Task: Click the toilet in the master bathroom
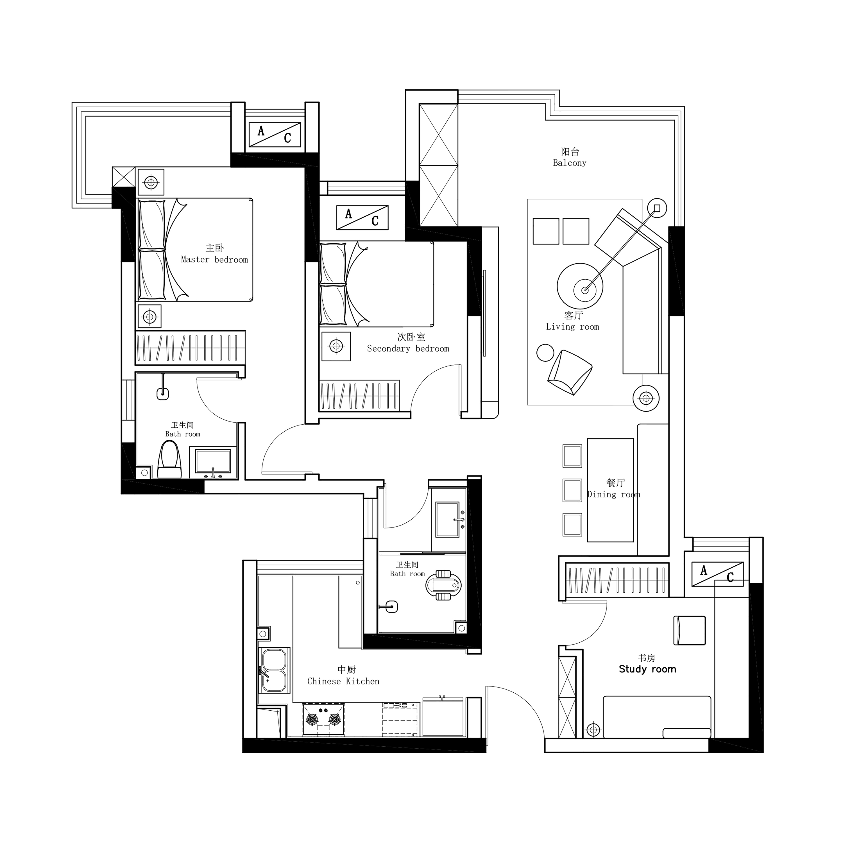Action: (x=169, y=459)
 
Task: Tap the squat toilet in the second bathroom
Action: (x=443, y=585)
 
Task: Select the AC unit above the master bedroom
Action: (x=275, y=134)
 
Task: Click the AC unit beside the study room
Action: (x=717, y=574)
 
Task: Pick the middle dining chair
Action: (x=572, y=490)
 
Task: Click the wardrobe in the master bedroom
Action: (x=190, y=348)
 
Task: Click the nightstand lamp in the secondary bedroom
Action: (x=336, y=346)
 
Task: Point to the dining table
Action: (x=610, y=490)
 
